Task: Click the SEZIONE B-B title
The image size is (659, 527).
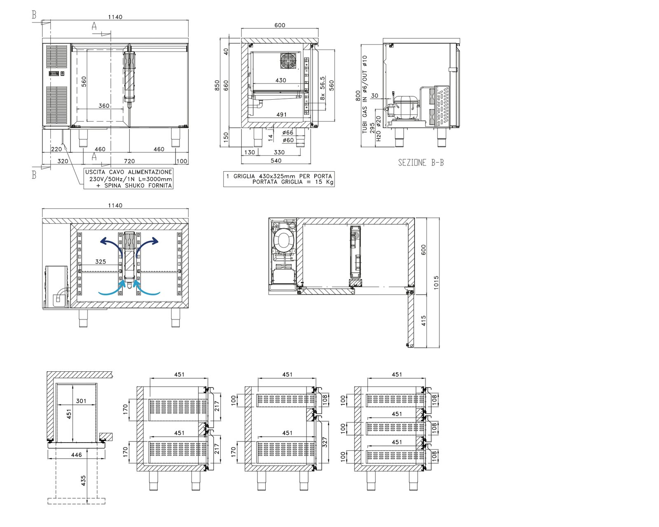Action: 421,163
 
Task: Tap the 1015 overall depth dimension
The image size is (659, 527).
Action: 436,282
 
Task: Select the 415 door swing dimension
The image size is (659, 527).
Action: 423,321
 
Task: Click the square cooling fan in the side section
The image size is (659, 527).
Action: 288,61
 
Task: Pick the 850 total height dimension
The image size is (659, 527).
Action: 217,86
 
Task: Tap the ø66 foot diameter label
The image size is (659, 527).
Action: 288,133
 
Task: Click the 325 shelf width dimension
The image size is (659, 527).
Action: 100,262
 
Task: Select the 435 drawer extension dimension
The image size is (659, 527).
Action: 83,480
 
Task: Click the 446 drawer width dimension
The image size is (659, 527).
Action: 76,455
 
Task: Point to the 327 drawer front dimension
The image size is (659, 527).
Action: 325,442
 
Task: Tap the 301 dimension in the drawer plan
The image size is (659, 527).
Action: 81,401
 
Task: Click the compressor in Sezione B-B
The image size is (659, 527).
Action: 405,107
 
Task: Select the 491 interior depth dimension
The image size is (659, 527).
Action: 281,114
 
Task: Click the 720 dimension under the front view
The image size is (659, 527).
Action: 129,161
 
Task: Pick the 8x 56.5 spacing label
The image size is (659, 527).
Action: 322,88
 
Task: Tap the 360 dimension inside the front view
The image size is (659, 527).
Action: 104,106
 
